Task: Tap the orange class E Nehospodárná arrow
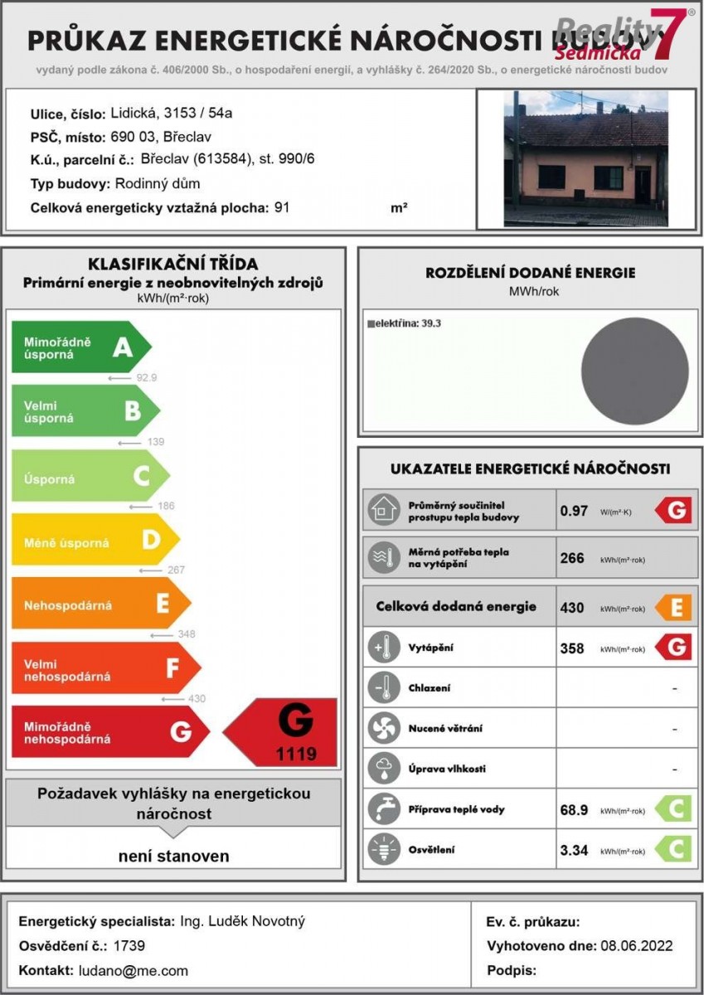100,604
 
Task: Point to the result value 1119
296,755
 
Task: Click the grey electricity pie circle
634,370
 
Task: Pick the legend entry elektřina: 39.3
404,323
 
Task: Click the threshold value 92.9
147,377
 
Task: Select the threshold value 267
176,570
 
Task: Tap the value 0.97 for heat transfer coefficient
574,511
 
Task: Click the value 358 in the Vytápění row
572,648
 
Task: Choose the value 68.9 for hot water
574,810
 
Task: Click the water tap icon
382,809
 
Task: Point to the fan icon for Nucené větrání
382,728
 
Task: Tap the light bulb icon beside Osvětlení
382,850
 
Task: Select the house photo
585,158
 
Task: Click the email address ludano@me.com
134,970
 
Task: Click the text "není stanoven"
172,856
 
